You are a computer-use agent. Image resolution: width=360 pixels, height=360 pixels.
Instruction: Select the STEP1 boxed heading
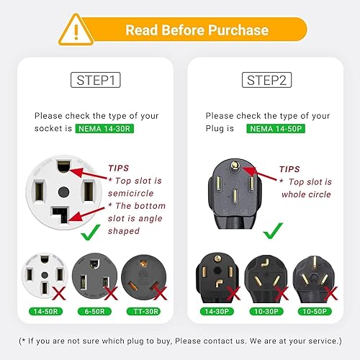[x=96, y=81]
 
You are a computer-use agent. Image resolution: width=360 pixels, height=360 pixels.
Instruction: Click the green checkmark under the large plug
[x=269, y=233]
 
